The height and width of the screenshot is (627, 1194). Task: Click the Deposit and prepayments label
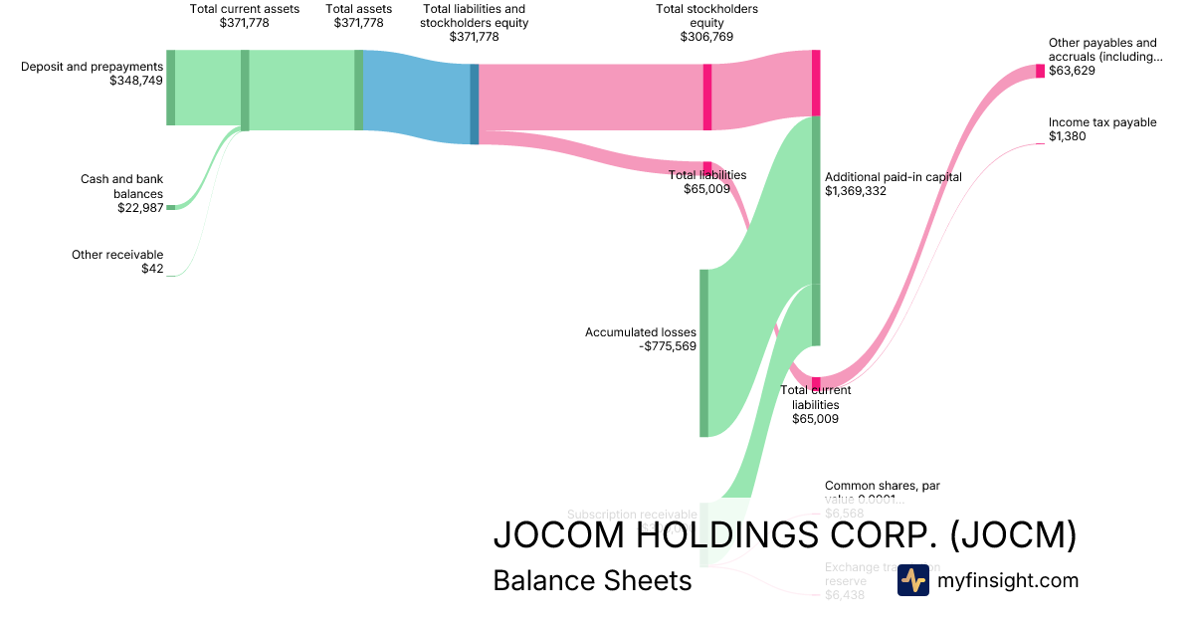(x=92, y=67)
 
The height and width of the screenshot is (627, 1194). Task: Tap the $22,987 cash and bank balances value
(x=139, y=208)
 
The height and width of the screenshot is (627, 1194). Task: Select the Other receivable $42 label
(x=117, y=262)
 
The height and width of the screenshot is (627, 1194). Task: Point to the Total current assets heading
(x=244, y=9)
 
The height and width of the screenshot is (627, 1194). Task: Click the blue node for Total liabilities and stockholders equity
(x=475, y=104)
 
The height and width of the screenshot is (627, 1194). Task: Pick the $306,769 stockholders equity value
(x=706, y=37)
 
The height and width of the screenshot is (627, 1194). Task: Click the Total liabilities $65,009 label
(x=706, y=181)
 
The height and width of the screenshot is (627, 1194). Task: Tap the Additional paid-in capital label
(x=893, y=177)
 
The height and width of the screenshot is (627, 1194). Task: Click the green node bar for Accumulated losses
(x=703, y=352)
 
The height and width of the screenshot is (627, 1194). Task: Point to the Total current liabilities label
(x=815, y=397)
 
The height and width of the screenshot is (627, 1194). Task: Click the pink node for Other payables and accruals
(x=1040, y=71)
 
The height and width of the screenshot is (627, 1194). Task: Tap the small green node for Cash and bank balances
(x=170, y=207)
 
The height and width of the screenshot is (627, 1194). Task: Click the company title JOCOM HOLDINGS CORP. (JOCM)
(x=785, y=535)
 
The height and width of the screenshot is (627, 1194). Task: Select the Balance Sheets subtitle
(x=592, y=580)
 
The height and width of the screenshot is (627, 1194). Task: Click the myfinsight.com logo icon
(x=912, y=580)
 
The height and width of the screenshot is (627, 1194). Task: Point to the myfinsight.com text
(x=1008, y=580)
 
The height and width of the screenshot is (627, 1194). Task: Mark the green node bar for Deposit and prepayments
(x=170, y=87)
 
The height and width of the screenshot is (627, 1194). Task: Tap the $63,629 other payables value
(x=1072, y=71)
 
